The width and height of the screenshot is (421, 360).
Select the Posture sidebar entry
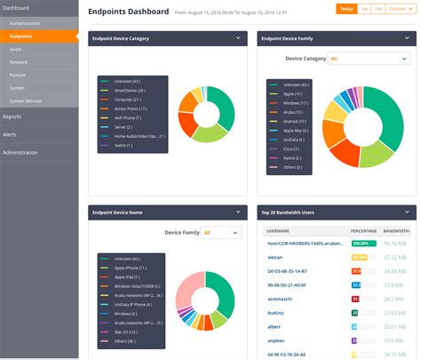18,76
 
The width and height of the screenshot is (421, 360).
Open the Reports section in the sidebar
12,116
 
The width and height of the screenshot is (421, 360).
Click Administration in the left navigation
20,152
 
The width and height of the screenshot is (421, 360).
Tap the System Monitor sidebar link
26,100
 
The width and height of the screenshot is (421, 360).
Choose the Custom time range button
401,9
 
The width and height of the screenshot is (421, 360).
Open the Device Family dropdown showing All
221,232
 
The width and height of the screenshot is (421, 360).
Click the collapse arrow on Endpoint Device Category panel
238,38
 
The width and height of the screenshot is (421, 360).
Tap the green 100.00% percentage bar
363,242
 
